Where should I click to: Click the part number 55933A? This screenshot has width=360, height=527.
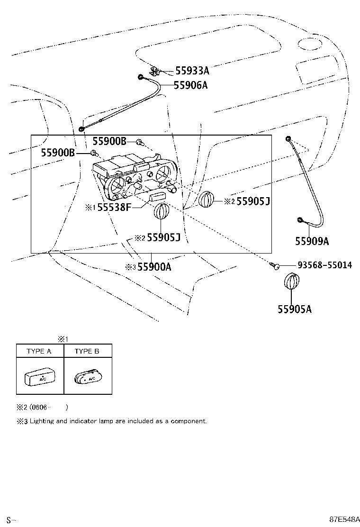tap(192, 71)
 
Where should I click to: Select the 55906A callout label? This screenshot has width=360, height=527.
tap(190, 85)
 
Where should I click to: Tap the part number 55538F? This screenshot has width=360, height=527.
tap(114, 207)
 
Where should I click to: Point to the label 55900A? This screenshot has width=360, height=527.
tap(154, 267)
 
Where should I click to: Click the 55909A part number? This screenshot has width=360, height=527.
tap(312, 241)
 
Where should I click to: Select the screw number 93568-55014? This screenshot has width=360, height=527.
tap(324, 265)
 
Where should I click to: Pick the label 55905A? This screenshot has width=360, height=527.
tap(295, 309)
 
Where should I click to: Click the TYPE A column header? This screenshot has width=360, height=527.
tap(39, 351)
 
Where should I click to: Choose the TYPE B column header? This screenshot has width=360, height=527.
tap(87, 351)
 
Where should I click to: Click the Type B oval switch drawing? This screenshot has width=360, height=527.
tap(88, 378)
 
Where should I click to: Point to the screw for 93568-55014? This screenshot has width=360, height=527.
tap(275, 267)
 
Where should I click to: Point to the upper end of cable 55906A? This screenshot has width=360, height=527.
tap(141, 77)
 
